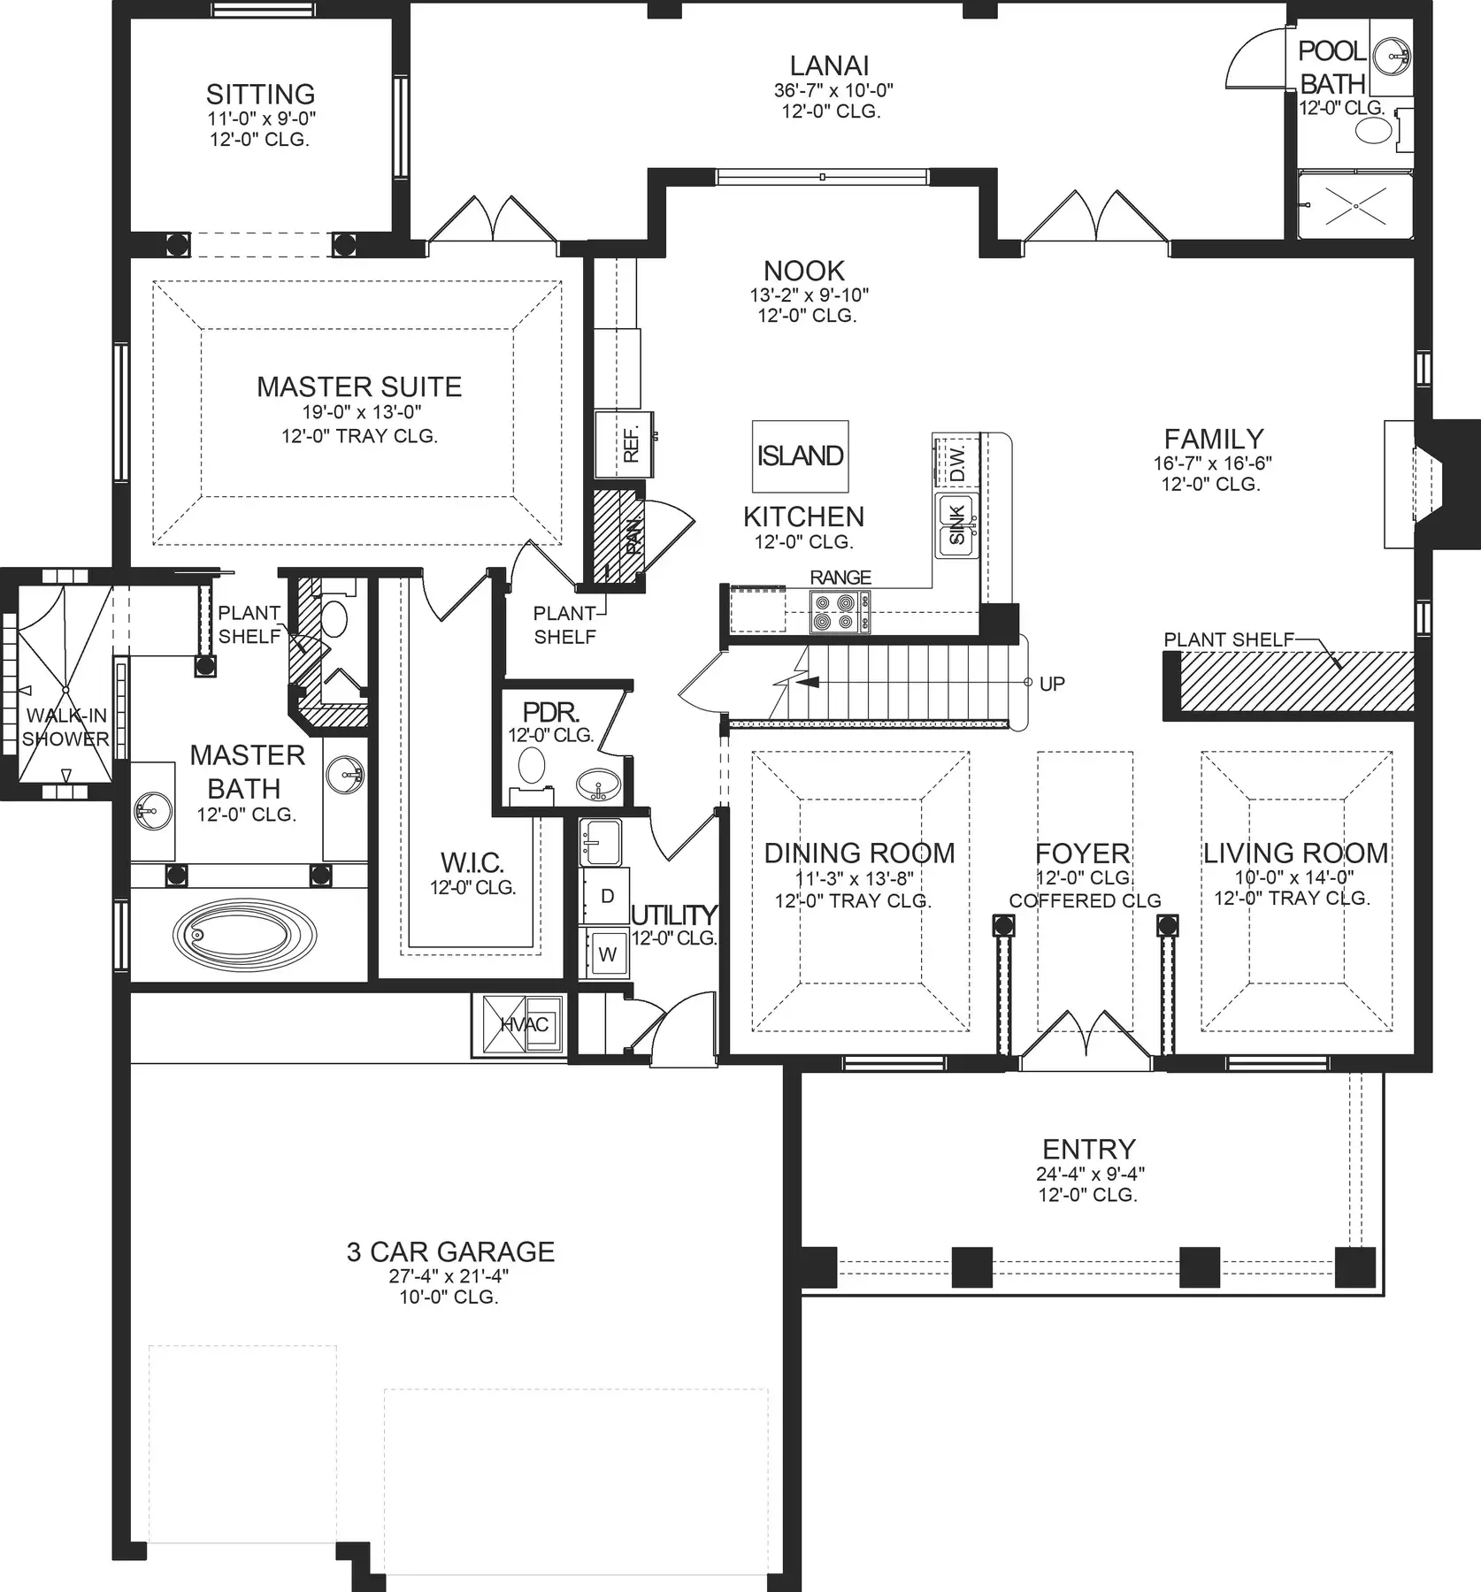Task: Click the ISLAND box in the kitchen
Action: (x=800, y=455)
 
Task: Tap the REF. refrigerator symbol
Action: (x=624, y=444)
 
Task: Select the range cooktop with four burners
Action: (x=840, y=611)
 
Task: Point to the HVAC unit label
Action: (x=525, y=1024)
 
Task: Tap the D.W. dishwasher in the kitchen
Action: (x=956, y=460)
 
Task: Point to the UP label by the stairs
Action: (x=1052, y=684)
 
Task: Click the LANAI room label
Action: (x=829, y=65)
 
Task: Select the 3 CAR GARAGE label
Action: (x=450, y=1251)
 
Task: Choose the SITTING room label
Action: (x=260, y=94)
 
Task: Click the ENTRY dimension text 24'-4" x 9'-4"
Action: (x=1090, y=1174)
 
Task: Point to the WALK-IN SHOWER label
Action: (x=65, y=727)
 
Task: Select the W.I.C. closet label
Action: (x=472, y=862)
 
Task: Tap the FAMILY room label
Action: (x=1213, y=439)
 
